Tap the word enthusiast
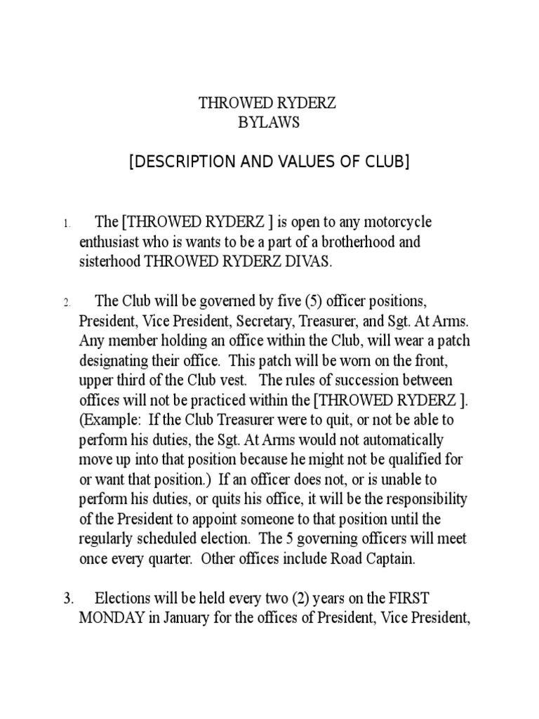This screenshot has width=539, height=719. [x=112, y=242]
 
